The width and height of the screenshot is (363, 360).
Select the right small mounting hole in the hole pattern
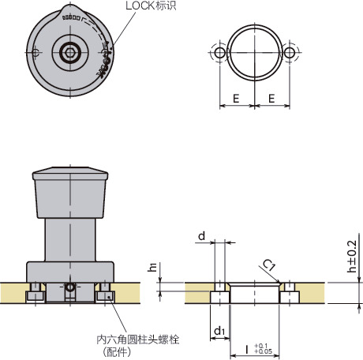point(290,52)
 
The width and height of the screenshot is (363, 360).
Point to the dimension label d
point(203,235)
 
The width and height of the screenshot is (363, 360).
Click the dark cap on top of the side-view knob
point(70,174)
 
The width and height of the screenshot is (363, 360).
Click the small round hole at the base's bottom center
point(70,289)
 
